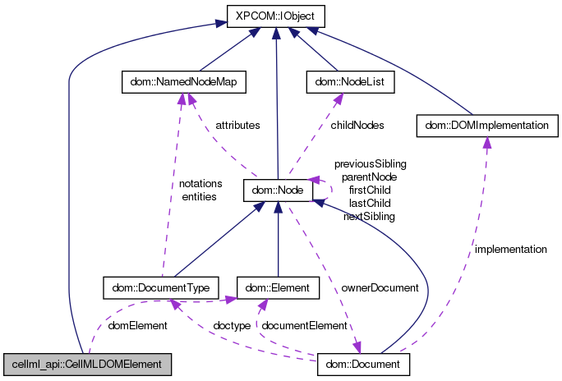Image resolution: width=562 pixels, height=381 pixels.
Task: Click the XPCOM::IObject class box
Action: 275,16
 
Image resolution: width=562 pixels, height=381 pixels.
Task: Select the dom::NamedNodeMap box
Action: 183,82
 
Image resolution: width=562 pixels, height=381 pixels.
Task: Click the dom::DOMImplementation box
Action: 488,126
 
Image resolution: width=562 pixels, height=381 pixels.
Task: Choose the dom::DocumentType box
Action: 161,287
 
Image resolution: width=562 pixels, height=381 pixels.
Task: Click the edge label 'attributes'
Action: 237,126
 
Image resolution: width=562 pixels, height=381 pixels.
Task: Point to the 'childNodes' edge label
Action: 357,126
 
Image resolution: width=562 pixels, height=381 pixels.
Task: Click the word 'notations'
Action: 199,184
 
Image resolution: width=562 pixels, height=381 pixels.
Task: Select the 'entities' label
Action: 199,196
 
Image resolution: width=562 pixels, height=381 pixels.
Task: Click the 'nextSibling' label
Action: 369,216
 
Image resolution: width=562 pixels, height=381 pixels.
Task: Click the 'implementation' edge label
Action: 510,249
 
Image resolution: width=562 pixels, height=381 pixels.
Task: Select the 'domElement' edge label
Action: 138,326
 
